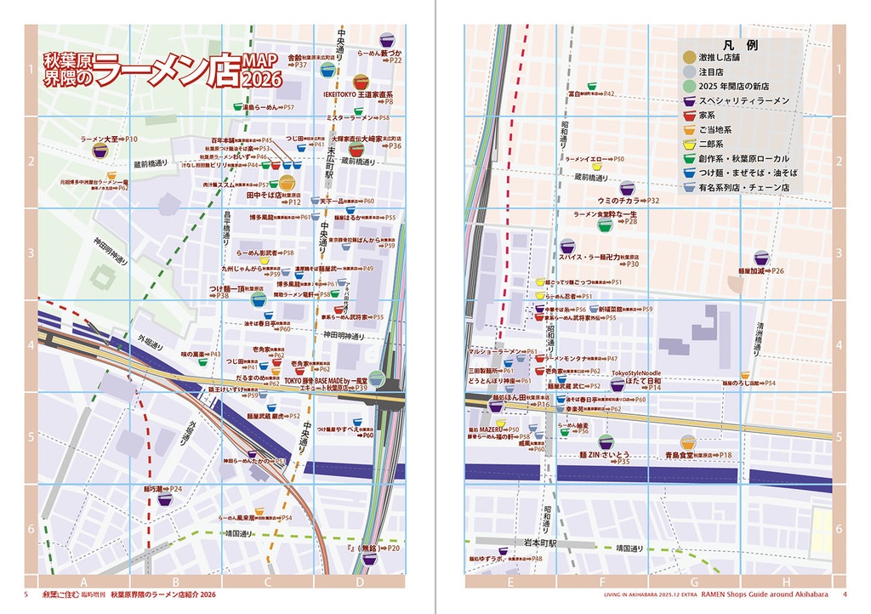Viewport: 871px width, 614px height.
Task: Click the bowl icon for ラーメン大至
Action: pyautogui.click(x=100, y=151)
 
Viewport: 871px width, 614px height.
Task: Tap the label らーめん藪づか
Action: pyautogui.click(x=379, y=52)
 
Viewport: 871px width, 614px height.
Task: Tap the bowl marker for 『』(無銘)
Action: pyautogui.click(x=368, y=560)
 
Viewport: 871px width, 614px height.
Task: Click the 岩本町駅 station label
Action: pyautogui.click(x=538, y=543)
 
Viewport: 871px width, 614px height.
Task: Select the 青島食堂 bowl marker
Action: pyautogui.click(x=686, y=444)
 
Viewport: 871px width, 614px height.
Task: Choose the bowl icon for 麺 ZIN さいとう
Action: pyautogui.click(x=606, y=442)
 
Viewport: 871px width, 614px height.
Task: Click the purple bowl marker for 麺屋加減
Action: pyautogui.click(x=761, y=259)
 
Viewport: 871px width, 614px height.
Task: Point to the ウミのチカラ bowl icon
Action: pyautogui.click(x=627, y=188)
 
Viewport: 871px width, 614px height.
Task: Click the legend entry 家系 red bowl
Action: pyautogui.click(x=689, y=114)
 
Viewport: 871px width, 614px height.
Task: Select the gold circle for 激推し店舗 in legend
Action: pyautogui.click(x=689, y=56)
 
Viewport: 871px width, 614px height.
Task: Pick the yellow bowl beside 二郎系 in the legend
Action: pyautogui.click(x=689, y=144)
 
